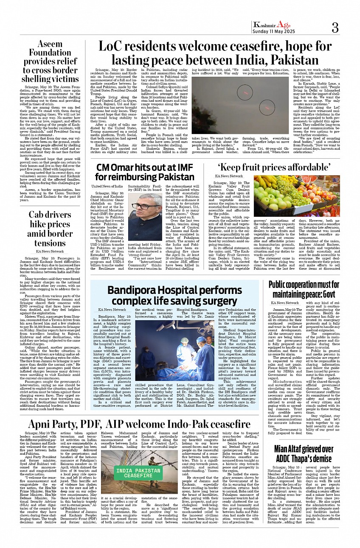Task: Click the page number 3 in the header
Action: coord(335,28)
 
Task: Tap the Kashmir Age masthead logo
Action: coord(272,25)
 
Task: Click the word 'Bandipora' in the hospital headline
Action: coord(135,291)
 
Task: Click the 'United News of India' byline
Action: coord(107,186)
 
